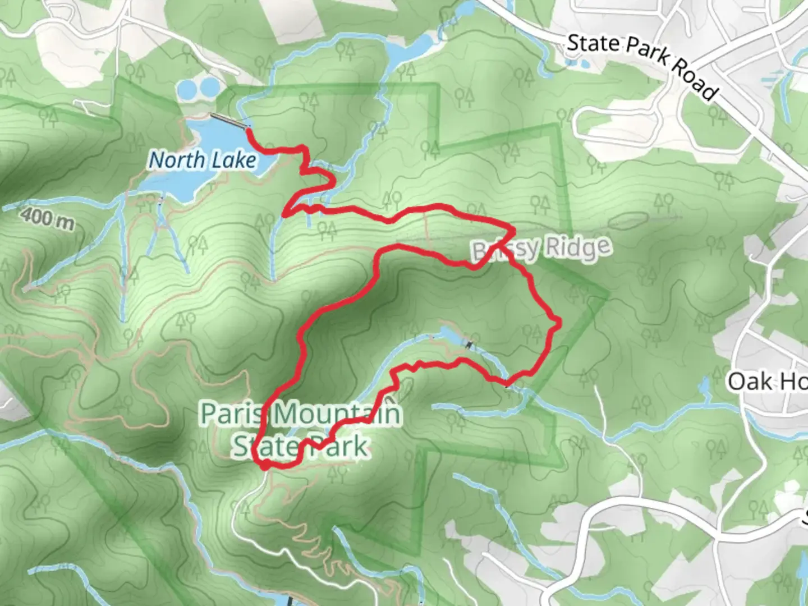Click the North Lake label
point(203,160)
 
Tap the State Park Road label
point(642,65)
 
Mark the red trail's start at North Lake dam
point(247,130)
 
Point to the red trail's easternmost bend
point(558,321)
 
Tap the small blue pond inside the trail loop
point(449,334)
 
